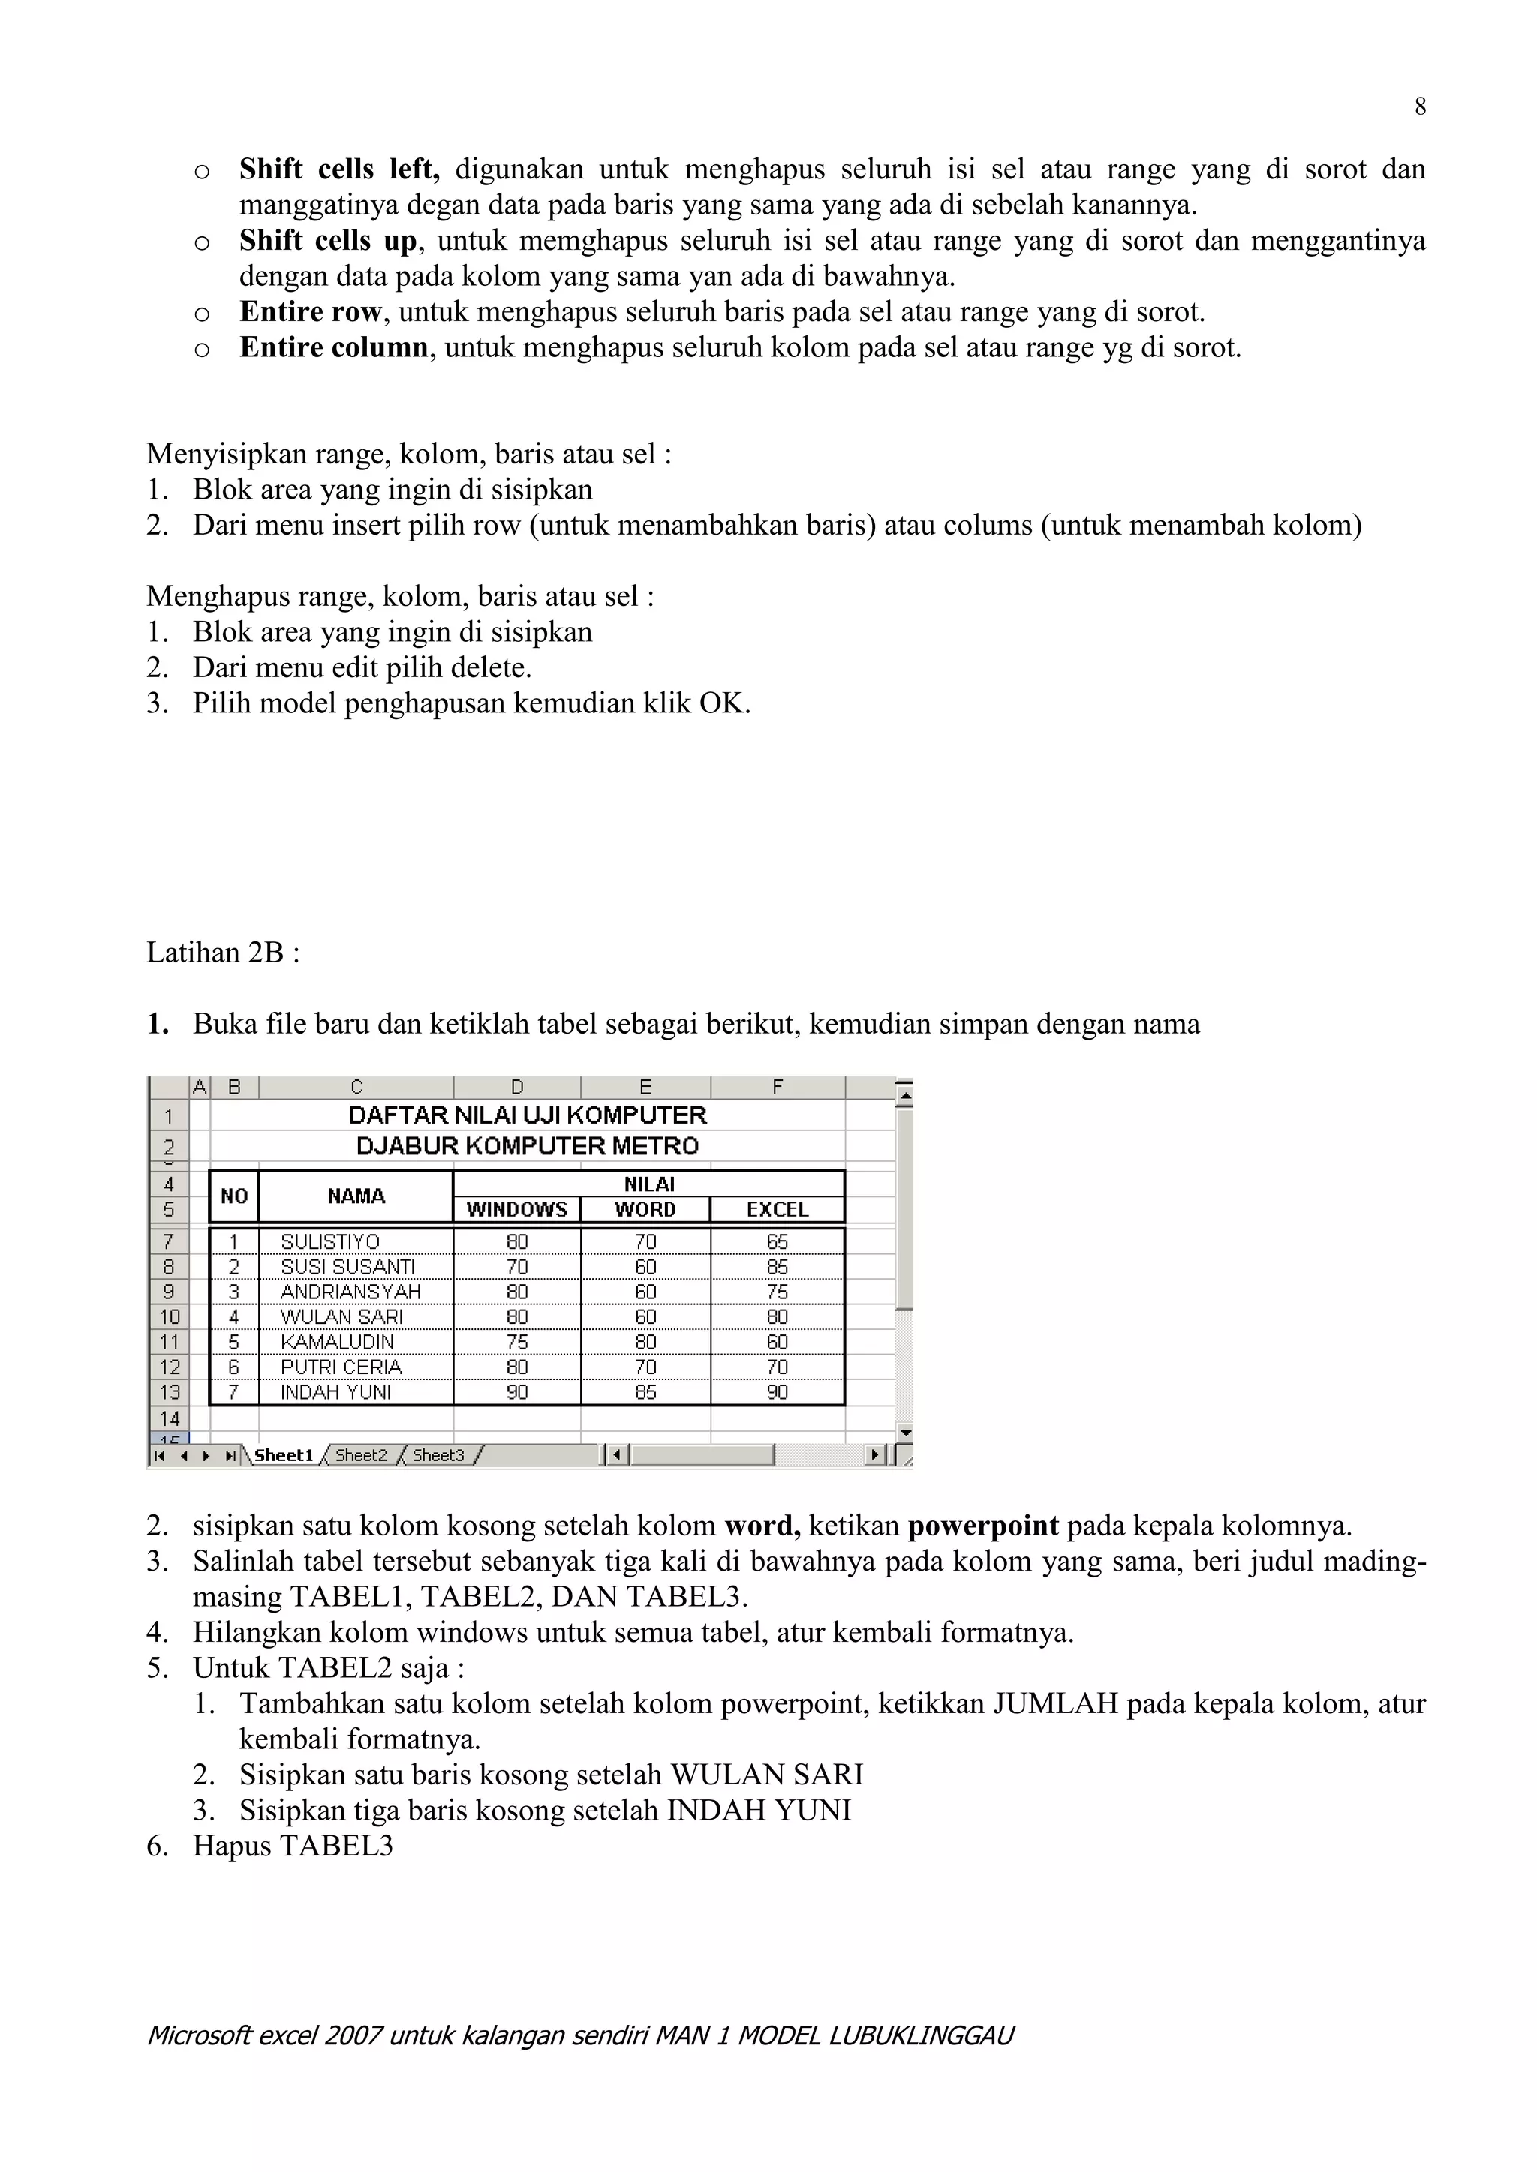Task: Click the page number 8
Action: (1420, 107)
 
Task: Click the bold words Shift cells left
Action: (338, 169)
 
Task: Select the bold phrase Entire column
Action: (334, 347)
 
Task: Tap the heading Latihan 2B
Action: (222, 952)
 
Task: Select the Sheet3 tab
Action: (438, 1455)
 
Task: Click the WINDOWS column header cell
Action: (517, 1209)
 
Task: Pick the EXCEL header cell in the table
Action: (777, 1209)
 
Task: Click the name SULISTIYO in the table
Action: (330, 1241)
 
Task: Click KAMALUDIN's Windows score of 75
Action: (517, 1342)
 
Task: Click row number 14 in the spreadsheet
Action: (170, 1418)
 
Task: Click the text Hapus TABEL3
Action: (293, 1845)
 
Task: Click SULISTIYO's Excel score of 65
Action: (777, 1241)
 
